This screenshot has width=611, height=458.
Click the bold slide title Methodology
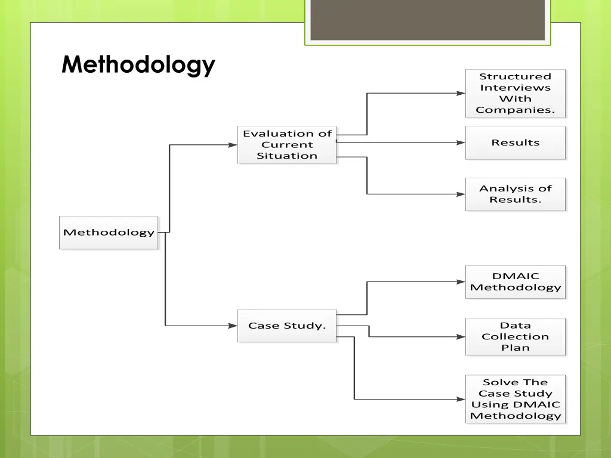138,64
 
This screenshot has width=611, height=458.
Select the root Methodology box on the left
109,233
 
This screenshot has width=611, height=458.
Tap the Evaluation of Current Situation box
287,145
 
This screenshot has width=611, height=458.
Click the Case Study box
287,326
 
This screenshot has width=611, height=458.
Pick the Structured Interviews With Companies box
515,93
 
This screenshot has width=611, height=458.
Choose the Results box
515,143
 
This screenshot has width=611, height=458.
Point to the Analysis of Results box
515,194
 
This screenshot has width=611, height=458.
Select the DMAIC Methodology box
515,281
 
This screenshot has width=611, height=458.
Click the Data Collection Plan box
515,337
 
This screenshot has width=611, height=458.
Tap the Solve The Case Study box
515,399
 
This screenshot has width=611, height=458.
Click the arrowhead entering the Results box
461,143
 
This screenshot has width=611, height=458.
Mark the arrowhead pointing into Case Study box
233,326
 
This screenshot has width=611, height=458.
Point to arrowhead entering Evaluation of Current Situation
233,145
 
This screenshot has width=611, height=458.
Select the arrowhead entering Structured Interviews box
461,93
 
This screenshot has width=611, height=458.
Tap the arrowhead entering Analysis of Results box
461,194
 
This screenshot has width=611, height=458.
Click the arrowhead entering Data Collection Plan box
461,337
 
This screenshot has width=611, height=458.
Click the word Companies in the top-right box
515,110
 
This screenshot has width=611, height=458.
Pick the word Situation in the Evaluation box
287,156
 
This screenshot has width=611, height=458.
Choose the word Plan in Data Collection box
515,348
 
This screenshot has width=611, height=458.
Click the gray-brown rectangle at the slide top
427,20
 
